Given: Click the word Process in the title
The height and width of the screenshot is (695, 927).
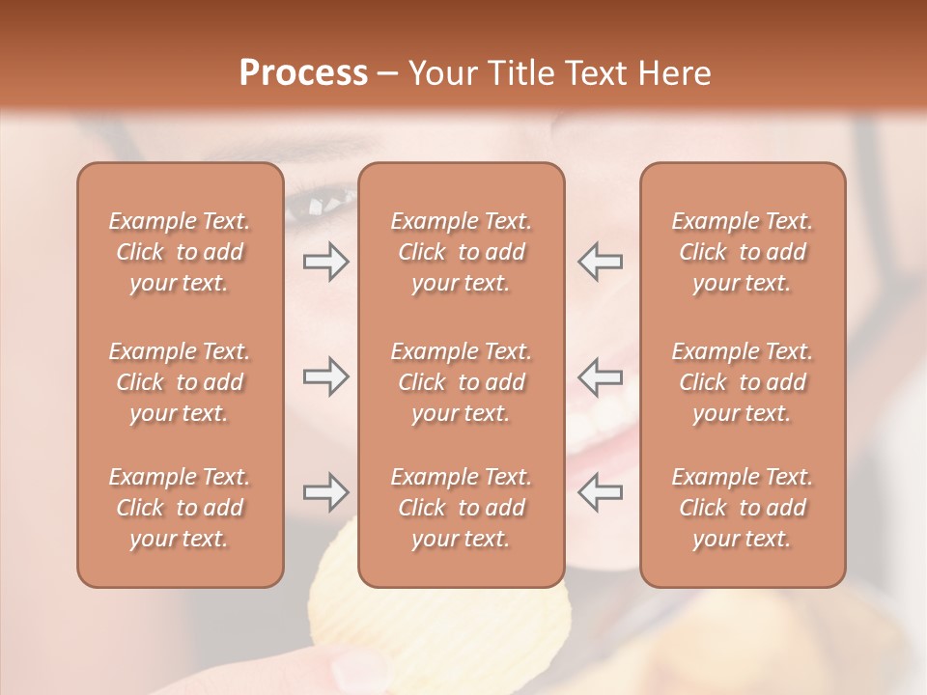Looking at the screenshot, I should tap(303, 73).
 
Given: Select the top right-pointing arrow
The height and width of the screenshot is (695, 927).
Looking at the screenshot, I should tap(325, 262).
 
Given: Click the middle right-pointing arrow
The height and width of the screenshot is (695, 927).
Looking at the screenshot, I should tap(325, 375).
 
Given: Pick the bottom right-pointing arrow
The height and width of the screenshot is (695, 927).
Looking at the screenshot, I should tap(325, 492).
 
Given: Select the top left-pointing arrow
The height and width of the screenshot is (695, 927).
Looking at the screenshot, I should tap(601, 262).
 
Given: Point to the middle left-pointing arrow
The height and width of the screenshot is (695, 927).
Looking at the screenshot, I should tap(601, 375).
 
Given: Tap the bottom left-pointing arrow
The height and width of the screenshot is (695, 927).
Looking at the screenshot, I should tap(601, 492).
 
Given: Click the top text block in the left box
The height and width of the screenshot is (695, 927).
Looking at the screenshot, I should tap(180, 252).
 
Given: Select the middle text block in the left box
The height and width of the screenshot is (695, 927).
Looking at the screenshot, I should tap(180, 382).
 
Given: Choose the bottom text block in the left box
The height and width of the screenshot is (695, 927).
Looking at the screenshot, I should tap(180, 508).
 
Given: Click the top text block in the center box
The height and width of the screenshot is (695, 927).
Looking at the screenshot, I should tap(462, 252).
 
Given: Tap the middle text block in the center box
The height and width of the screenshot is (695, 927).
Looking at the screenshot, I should tap(462, 382).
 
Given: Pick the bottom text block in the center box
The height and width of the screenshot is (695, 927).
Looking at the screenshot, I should tap(462, 508).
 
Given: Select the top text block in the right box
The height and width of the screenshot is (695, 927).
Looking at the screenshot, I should tap(743, 252).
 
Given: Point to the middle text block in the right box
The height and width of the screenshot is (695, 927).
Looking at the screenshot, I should tap(743, 382).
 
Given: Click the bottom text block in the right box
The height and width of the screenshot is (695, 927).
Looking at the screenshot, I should tap(743, 508).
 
